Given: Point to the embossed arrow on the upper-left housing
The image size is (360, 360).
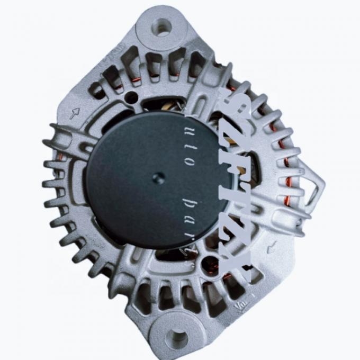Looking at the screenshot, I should click(75, 112).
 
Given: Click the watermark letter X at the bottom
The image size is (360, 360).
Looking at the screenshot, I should click(233, 258).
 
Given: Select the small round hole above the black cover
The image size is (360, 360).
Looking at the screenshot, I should click(130, 97).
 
